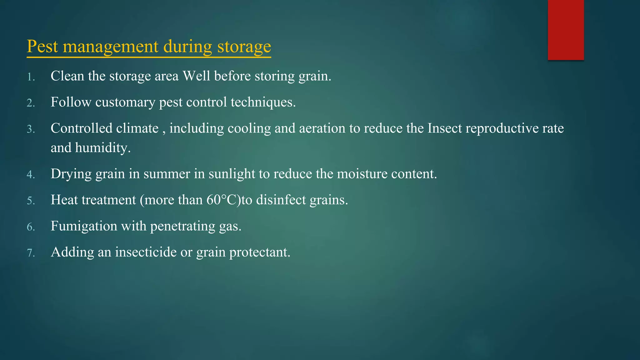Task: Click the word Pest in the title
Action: (x=42, y=47)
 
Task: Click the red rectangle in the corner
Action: (x=566, y=30)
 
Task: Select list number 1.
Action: (x=30, y=77)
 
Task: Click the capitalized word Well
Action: (x=196, y=76)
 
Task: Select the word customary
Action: (x=125, y=102)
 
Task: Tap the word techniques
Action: (x=263, y=102)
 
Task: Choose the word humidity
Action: (x=102, y=148)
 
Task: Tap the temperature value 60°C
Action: (x=223, y=200)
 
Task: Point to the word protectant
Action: (x=260, y=252)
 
